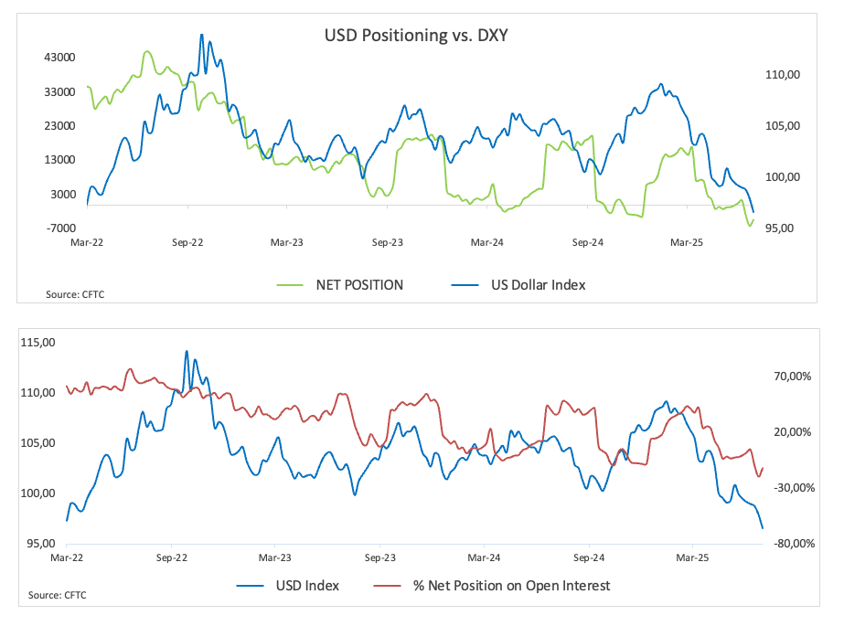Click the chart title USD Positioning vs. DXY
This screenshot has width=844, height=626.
tap(416, 37)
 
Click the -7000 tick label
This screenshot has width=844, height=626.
tap(59, 228)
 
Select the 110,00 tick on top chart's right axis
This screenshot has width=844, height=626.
tap(784, 75)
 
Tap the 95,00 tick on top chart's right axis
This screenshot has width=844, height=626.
tap(784, 228)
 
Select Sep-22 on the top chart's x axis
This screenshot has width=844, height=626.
tap(187, 243)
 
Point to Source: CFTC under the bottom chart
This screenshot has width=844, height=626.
tap(52, 595)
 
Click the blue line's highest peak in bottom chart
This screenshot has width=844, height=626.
tap(187, 351)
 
